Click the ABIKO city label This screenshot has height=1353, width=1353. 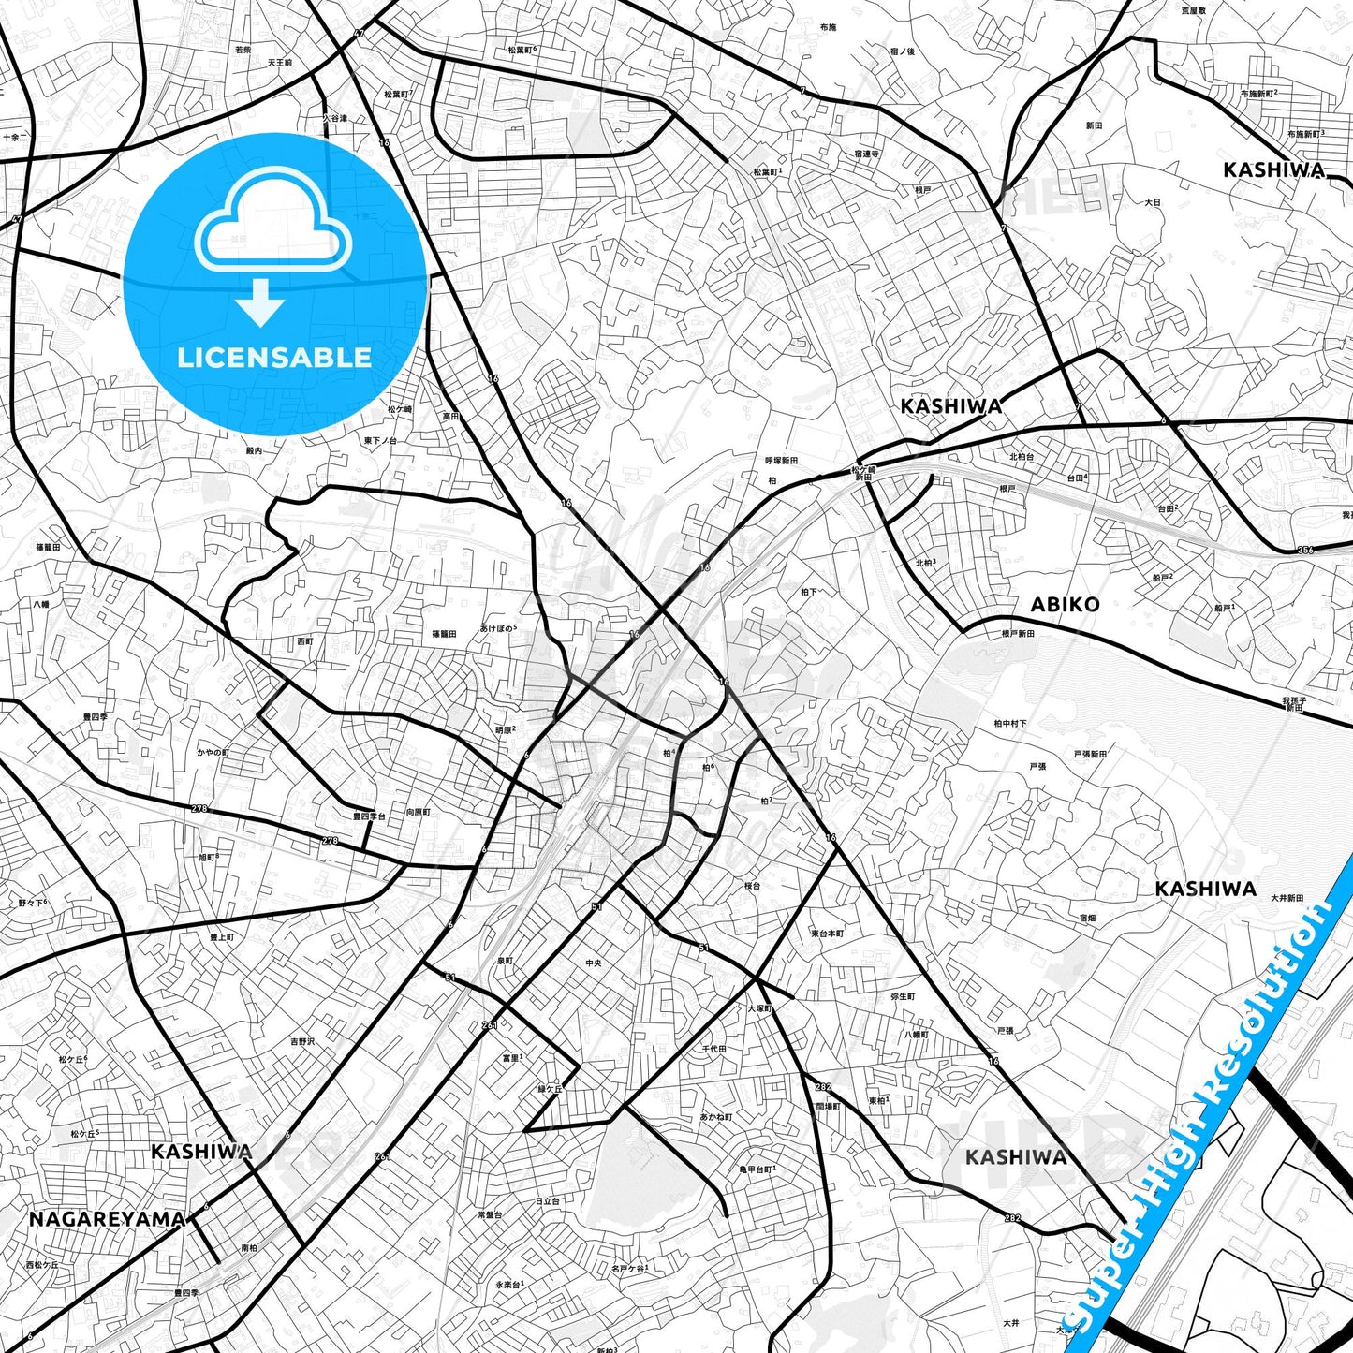(x=1065, y=605)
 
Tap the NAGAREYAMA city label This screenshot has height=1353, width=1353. (x=107, y=1219)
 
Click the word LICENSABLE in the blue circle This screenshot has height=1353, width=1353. (x=274, y=358)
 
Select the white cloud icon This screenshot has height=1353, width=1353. (x=272, y=222)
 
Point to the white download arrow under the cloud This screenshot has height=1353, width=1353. (x=260, y=302)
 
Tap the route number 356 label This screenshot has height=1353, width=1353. (x=1305, y=550)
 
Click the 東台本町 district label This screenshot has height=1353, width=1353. (x=827, y=934)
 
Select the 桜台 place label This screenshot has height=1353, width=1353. (x=753, y=886)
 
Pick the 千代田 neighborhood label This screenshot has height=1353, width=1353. (x=714, y=1050)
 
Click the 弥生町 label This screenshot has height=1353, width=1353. (x=903, y=997)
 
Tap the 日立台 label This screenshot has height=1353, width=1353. (x=547, y=1201)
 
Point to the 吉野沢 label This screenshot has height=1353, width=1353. (x=302, y=1041)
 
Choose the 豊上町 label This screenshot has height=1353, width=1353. (x=222, y=937)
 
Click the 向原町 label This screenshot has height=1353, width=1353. (x=418, y=813)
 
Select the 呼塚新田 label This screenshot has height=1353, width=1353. (x=781, y=461)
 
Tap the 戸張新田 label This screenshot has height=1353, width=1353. (x=1090, y=754)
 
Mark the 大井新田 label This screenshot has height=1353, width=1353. (x=1287, y=898)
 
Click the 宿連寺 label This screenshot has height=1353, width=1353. (x=866, y=154)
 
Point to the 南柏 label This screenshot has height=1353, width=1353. (x=249, y=1248)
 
